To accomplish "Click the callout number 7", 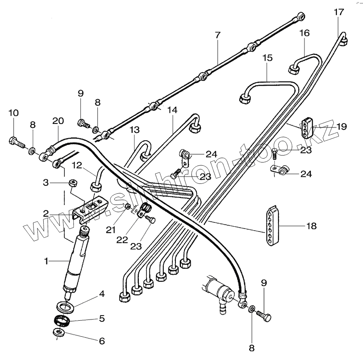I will (217, 35).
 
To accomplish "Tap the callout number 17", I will (339, 12).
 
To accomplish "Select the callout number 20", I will (58, 121).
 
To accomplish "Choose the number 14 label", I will (172, 110).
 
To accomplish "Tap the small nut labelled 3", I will (71, 182).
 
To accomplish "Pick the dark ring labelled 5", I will (62, 322).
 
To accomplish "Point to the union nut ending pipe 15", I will (245, 98).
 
